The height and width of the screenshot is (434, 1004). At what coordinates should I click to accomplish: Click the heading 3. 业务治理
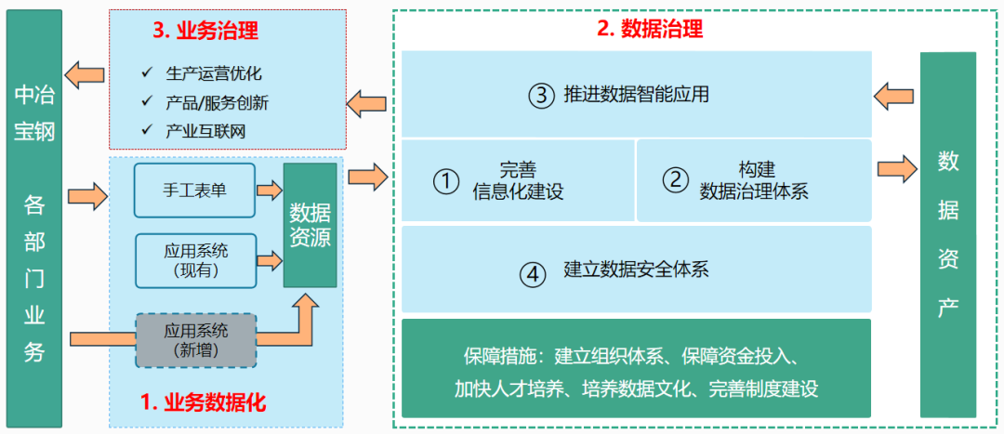205,31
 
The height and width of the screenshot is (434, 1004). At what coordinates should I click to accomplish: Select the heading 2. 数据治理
650,29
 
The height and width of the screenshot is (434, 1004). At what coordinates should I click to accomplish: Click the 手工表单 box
194,191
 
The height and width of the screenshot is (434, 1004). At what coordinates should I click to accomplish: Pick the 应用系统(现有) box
195,260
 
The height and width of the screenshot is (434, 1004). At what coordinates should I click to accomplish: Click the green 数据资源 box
310,225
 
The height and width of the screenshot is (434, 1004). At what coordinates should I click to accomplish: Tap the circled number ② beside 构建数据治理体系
675,180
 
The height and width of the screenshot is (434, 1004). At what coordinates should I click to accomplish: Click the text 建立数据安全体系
637,271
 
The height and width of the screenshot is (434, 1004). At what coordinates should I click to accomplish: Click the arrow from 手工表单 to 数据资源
269,191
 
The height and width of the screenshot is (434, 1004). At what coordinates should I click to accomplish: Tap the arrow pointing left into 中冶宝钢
84,74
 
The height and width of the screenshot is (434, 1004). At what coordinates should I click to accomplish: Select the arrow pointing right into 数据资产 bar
896,169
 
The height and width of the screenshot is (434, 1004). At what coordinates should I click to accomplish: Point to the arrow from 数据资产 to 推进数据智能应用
894,95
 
